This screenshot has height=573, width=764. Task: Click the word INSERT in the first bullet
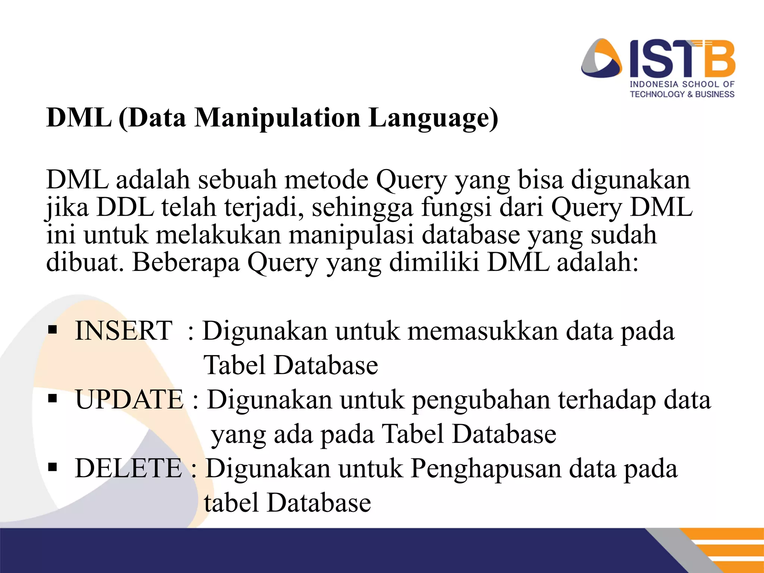pyautogui.click(x=123, y=331)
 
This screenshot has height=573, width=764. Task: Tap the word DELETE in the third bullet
pyautogui.click(x=128, y=469)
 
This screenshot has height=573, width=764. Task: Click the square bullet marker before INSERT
pyautogui.click(x=53, y=330)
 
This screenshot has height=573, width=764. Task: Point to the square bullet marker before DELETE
pyautogui.click(x=53, y=467)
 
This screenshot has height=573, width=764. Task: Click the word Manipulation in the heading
pyautogui.click(x=278, y=118)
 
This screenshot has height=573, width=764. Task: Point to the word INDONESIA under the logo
pyautogui.click(x=654, y=85)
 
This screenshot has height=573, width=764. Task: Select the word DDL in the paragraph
pyautogui.click(x=125, y=207)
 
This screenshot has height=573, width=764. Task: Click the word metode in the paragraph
pyautogui.click(x=326, y=180)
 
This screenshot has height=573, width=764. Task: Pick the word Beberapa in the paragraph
pyautogui.click(x=186, y=262)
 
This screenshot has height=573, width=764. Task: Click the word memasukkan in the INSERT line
pyautogui.click(x=483, y=331)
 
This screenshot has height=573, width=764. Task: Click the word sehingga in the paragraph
pyautogui.click(x=362, y=208)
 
